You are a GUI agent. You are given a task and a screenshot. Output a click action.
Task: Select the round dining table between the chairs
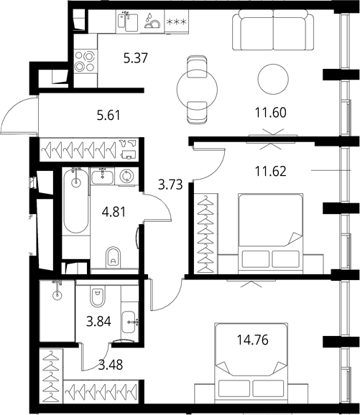pyautogui.click(x=195, y=88)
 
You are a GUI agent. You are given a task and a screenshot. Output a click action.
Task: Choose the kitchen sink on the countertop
pyautogui.click(x=128, y=23)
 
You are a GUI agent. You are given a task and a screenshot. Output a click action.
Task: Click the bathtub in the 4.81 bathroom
pyautogui.click(x=74, y=202)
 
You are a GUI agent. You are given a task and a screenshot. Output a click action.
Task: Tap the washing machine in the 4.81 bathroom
pyautogui.click(x=127, y=175)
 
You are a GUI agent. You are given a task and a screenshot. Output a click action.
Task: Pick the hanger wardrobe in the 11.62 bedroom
pyautogui.click(x=206, y=230)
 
